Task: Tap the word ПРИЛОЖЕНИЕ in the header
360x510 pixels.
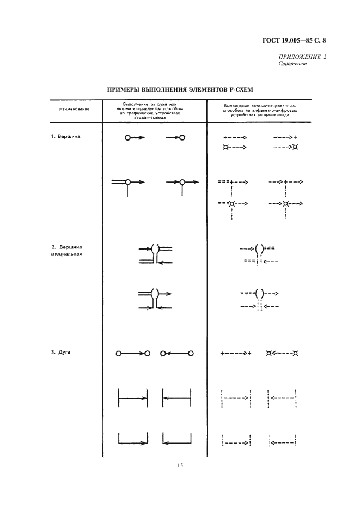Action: [297, 57]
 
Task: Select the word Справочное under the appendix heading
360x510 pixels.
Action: [293, 64]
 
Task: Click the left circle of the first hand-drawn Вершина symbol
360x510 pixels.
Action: [127, 138]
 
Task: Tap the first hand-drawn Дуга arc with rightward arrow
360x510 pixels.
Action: [133, 354]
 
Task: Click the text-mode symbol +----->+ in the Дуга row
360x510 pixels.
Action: [235, 353]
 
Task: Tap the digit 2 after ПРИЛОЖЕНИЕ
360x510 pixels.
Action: [324, 57]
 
